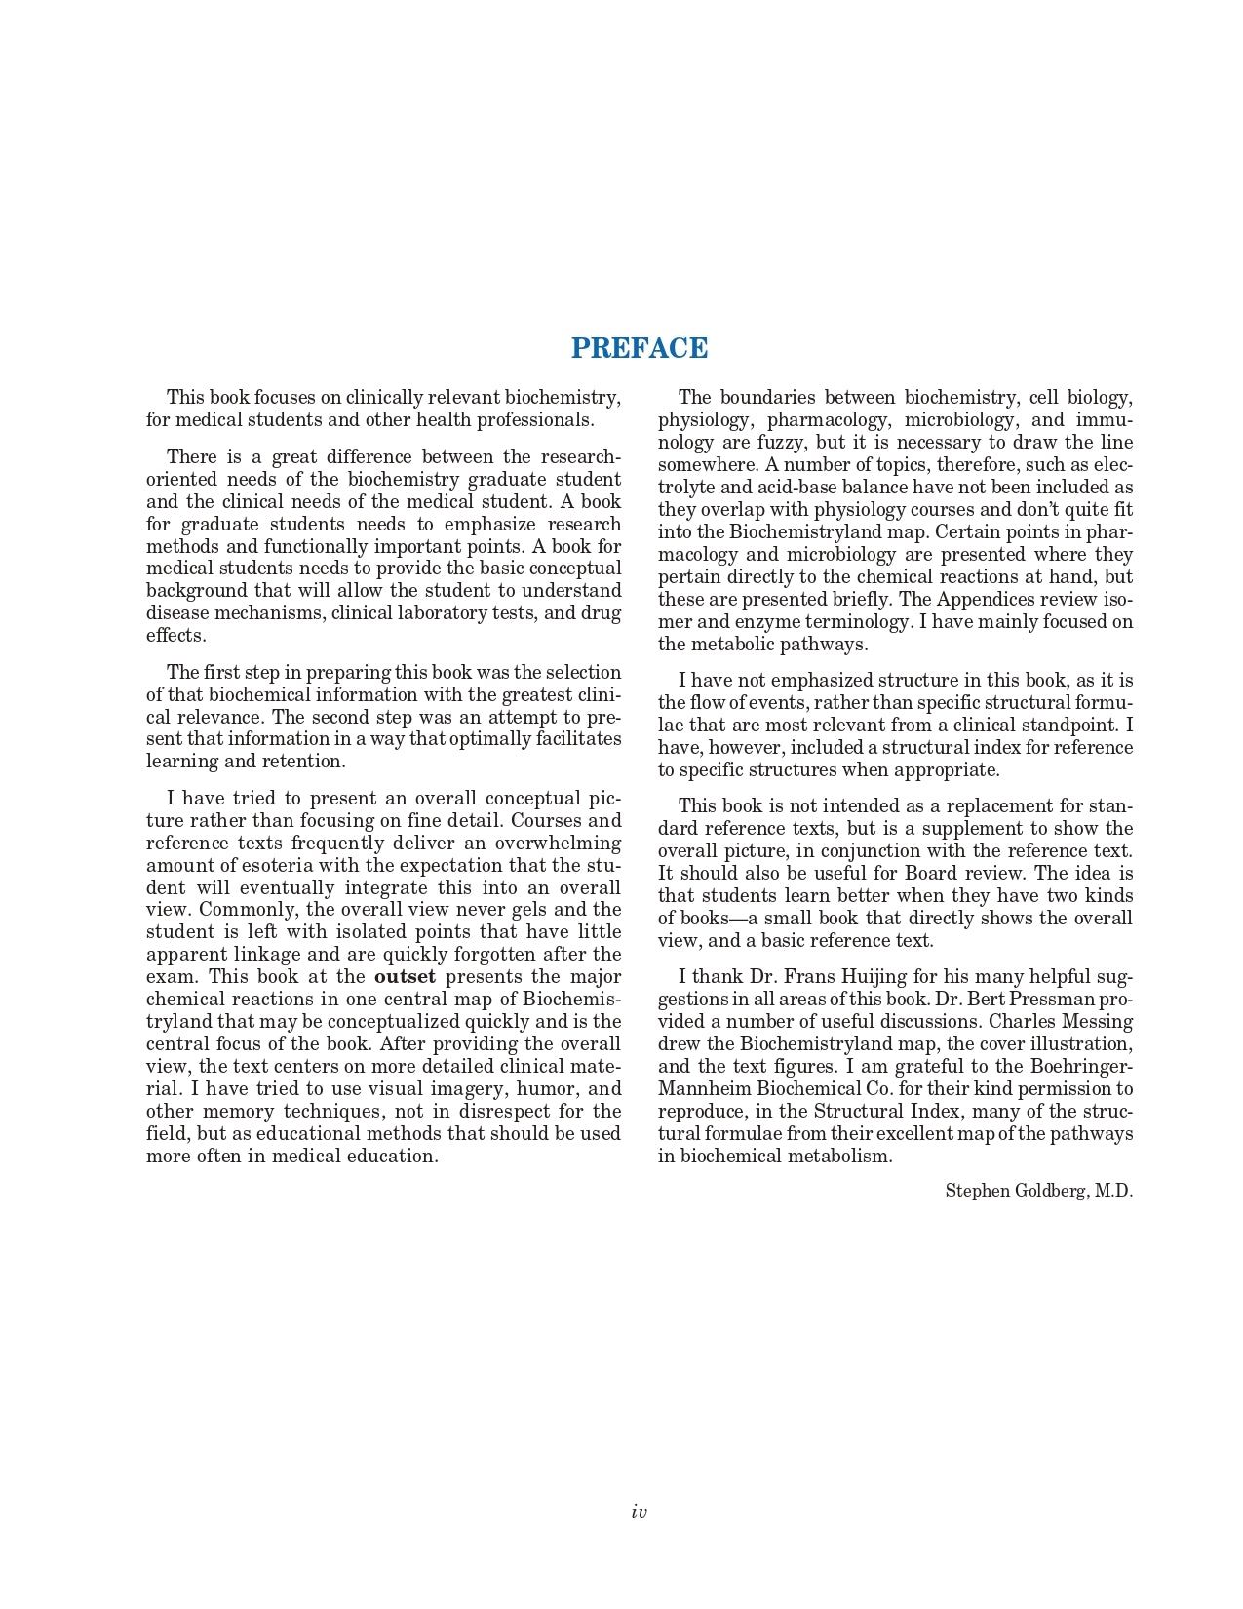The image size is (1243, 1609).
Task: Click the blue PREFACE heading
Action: pos(640,348)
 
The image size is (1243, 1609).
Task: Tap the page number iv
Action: pos(639,1512)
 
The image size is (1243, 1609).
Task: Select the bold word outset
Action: pos(405,977)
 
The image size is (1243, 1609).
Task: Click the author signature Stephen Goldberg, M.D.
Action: pos(1038,1191)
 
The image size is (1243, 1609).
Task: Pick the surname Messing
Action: pos(1098,1022)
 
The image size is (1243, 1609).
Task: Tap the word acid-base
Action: pos(750,488)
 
